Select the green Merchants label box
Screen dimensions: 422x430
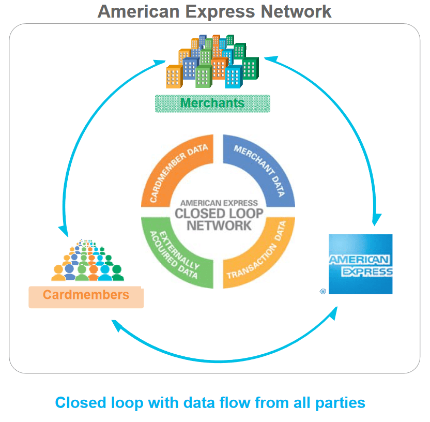pyautogui.click(x=212, y=103)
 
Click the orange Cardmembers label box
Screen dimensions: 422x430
pyautogui.click(x=86, y=295)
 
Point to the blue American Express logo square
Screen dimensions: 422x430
pyautogui.click(x=360, y=264)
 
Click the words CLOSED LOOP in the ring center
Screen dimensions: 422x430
pyautogui.click(x=219, y=214)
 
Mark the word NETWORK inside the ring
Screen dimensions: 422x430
pyautogui.click(x=219, y=225)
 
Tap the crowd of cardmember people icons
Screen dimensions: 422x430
pyautogui.click(x=88, y=261)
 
